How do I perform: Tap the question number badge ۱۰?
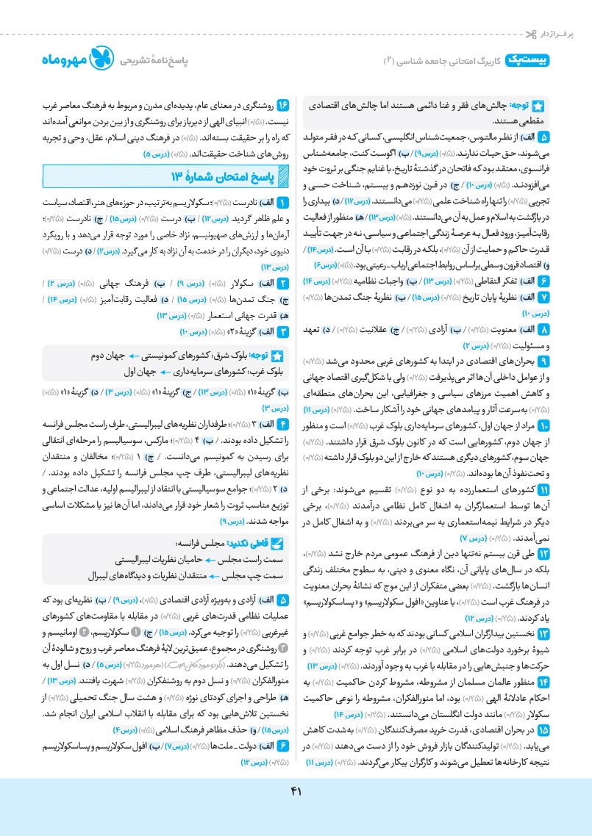[543, 425]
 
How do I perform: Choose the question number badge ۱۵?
[543, 731]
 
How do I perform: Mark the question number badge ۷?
[543, 297]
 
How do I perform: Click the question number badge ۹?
[543, 361]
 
